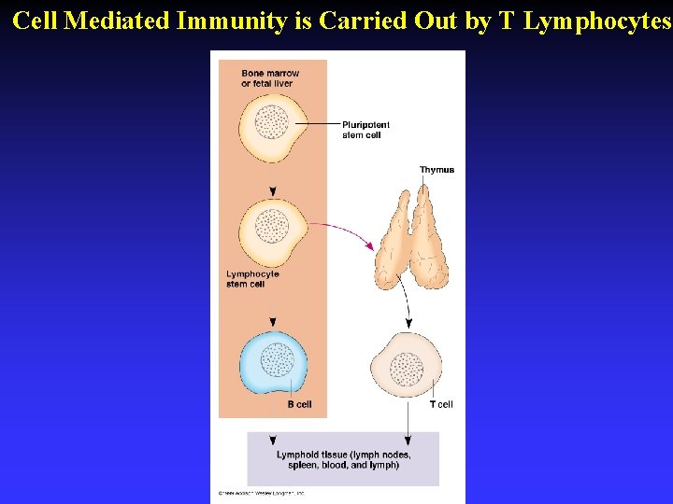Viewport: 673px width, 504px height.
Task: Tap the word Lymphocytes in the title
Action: tap(596, 21)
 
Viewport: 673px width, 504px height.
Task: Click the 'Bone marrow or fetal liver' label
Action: tap(270, 78)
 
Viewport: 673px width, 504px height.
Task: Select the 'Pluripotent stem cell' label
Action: tap(365, 130)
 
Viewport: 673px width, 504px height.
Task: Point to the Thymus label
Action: tap(437, 170)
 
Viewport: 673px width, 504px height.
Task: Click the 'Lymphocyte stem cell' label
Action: tap(252, 279)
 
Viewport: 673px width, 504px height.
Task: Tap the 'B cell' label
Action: tap(299, 404)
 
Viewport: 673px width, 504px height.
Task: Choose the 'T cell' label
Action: tap(441, 404)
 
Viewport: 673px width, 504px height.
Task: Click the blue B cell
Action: tap(272, 361)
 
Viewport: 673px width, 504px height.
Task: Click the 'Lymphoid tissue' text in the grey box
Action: tap(343, 460)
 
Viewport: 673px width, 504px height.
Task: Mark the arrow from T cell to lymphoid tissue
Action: tap(408, 420)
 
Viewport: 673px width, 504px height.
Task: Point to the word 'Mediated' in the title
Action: tap(116, 21)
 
